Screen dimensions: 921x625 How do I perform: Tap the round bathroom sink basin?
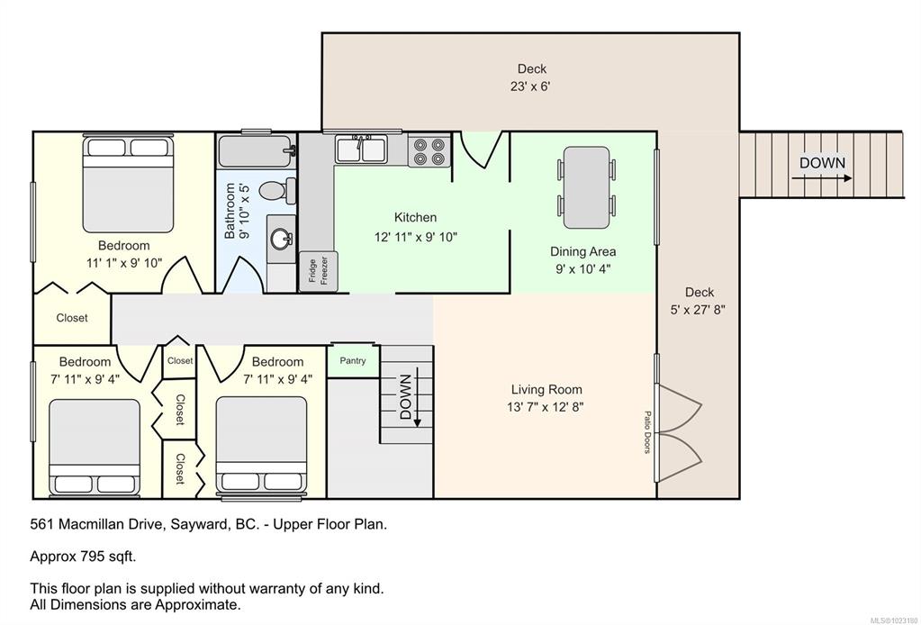point(282,239)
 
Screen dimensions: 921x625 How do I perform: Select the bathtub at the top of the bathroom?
point(256,151)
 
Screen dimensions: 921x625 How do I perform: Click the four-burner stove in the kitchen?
point(429,151)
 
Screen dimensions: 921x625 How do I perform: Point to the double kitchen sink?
point(361,149)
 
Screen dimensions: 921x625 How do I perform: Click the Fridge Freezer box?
point(318,271)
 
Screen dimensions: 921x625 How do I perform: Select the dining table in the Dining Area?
point(586,188)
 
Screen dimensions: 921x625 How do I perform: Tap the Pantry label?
point(352,360)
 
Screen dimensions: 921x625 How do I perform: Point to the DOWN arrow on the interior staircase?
point(418,398)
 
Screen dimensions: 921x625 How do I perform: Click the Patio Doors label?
point(647,432)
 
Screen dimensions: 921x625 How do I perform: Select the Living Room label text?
point(546,389)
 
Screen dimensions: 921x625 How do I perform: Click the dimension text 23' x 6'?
point(530,86)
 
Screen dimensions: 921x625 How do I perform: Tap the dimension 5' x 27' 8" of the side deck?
point(698,310)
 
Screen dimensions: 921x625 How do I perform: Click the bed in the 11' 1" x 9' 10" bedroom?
point(129,184)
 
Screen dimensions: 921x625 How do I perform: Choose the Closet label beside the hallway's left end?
point(72,318)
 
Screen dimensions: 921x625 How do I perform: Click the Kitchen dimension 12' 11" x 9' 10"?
point(416,238)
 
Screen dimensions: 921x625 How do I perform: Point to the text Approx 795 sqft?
point(83,557)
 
